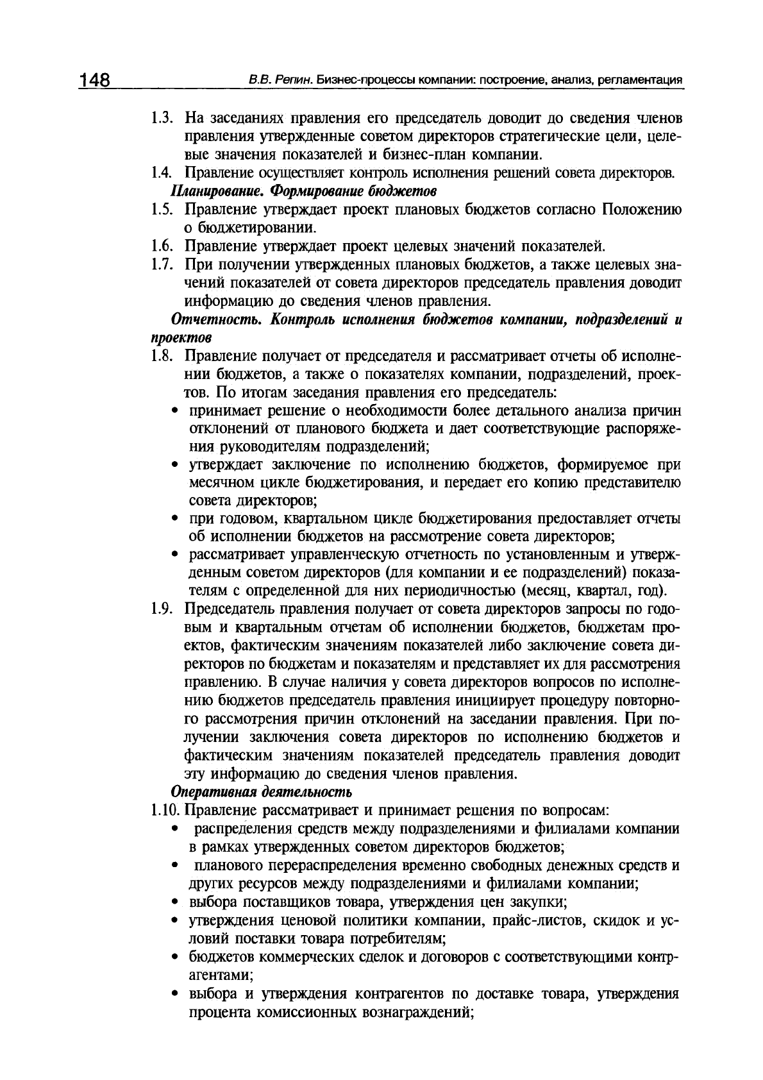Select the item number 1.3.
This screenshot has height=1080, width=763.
[163, 119]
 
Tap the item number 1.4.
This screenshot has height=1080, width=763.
[163, 173]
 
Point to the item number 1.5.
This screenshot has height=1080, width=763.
[163, 210]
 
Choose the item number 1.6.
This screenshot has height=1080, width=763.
[163, 246]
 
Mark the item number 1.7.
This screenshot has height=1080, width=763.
[163, 264]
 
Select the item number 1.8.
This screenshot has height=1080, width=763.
[163, 356]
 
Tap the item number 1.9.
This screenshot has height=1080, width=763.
[163, 609]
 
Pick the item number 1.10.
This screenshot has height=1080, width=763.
[165, 810]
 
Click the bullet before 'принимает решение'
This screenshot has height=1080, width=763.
[175, 411]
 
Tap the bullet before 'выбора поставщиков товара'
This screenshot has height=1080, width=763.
[175, 902]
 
